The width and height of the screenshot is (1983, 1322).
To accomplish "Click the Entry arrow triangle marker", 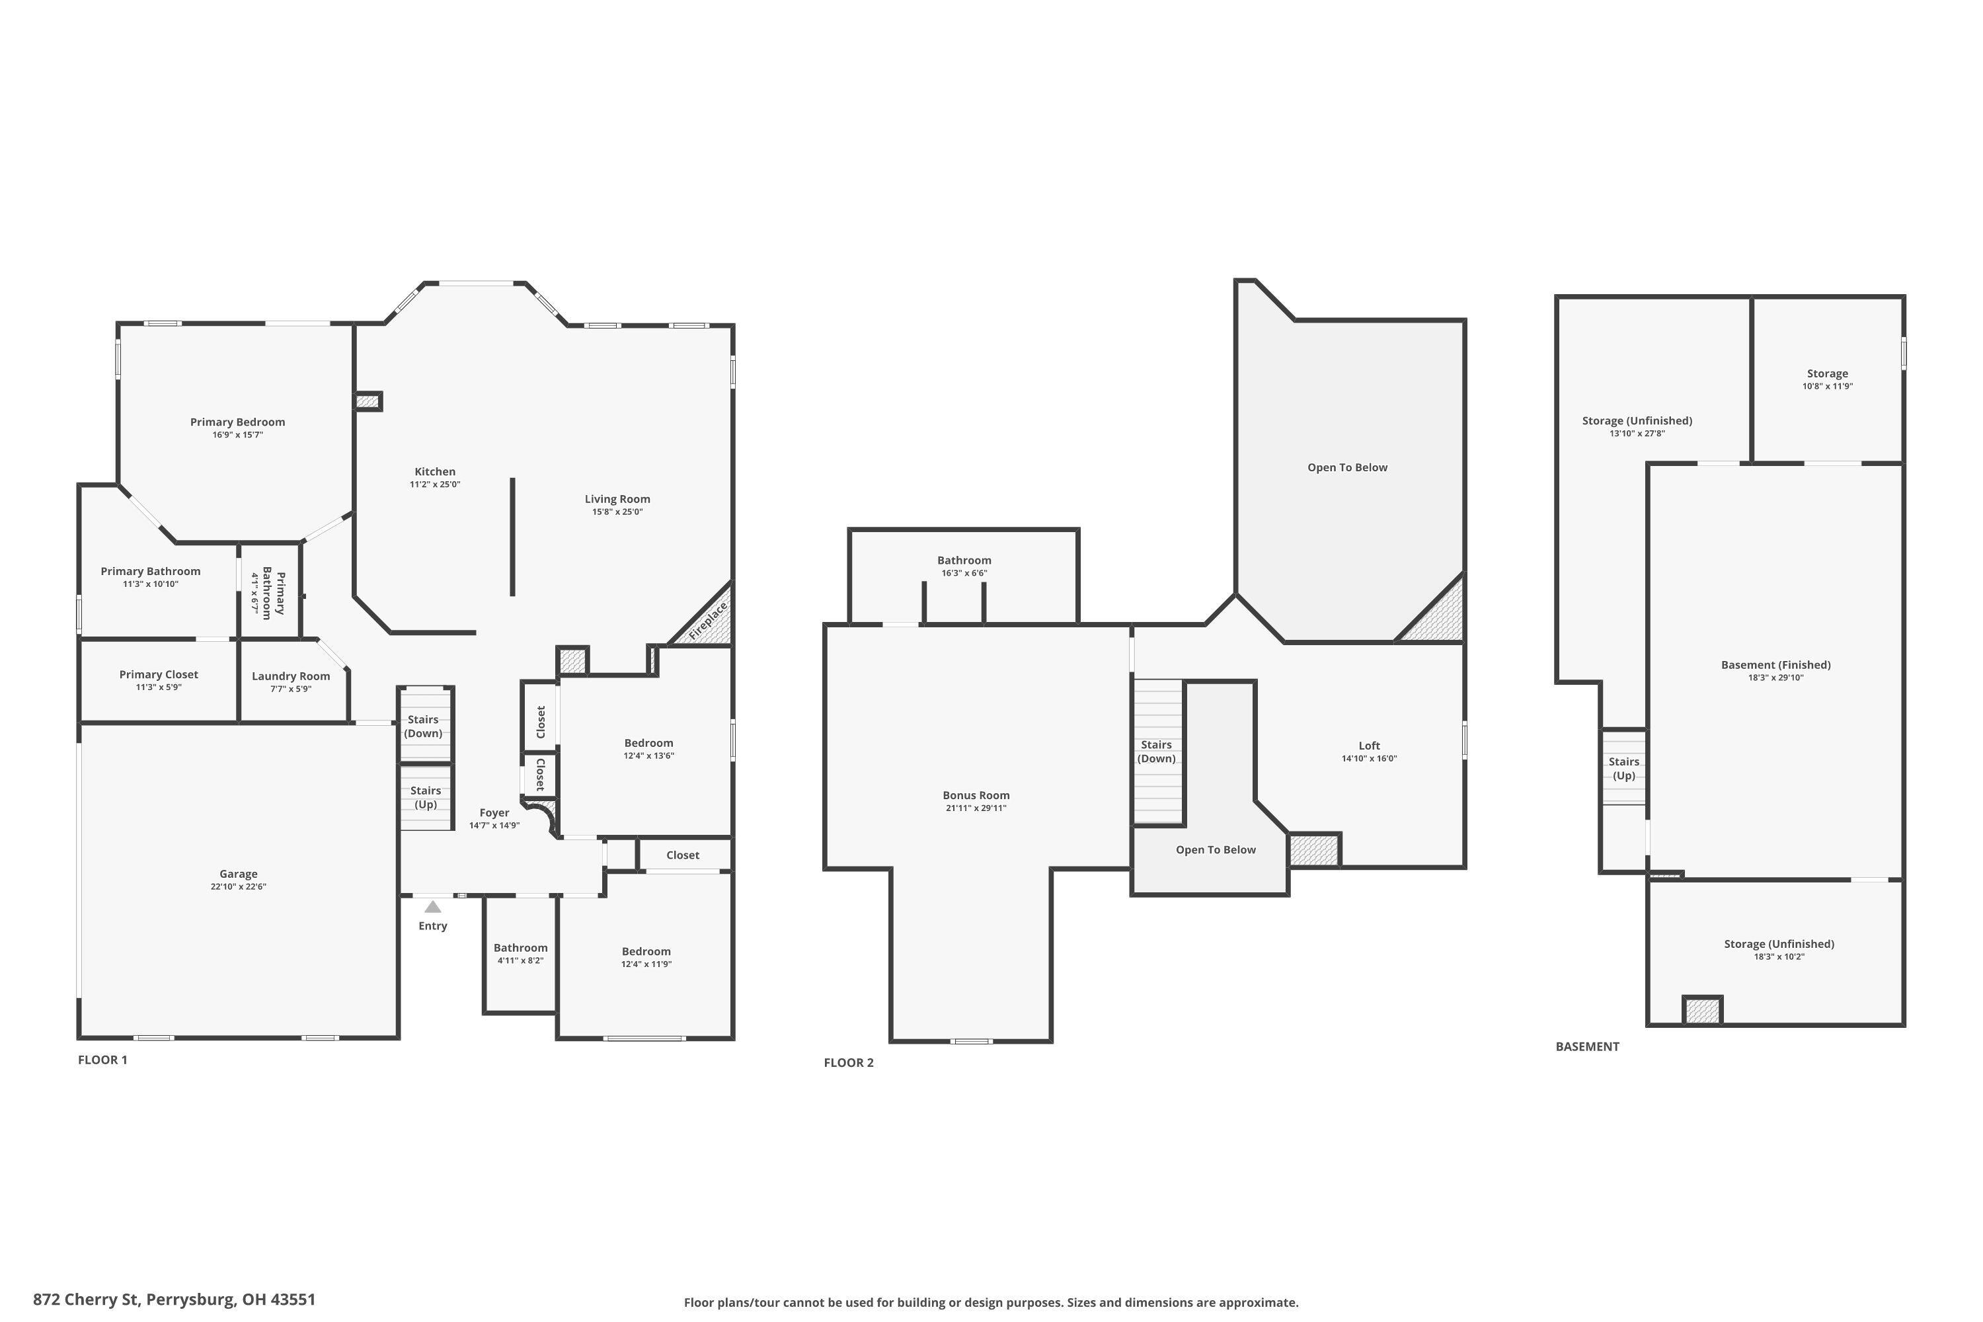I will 432,907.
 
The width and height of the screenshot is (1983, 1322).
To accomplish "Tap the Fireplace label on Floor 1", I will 708,621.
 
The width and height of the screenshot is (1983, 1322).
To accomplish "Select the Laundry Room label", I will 291,676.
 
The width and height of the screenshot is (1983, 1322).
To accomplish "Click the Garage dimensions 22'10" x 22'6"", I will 239,887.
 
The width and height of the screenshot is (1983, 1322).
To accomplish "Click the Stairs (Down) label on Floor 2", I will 1156,751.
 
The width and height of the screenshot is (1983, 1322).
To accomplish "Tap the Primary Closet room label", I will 159,674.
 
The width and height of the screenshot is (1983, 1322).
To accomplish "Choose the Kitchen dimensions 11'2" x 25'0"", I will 435,485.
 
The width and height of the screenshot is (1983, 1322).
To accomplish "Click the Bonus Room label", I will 976,795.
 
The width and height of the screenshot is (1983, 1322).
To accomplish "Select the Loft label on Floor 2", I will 1369,746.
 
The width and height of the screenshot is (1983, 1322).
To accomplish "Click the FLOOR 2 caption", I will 848,1062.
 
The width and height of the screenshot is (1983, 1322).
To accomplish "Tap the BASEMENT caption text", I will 1587,1046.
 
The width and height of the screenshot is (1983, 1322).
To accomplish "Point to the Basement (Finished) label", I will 1775,664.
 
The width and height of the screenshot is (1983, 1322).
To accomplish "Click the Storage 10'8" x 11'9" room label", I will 1827,373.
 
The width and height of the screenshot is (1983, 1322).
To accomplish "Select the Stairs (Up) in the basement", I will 1623,768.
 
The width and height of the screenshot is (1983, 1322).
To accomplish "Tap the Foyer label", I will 494,813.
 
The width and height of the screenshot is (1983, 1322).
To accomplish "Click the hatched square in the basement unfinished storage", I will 1702,1010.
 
